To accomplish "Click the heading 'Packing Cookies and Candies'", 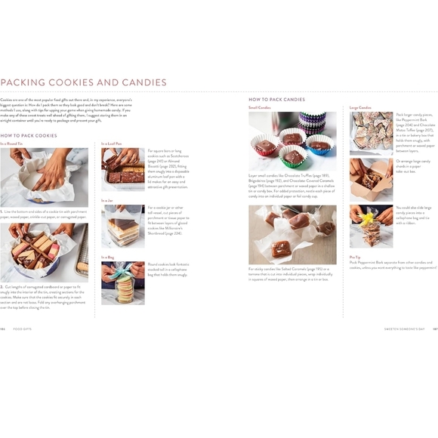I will click(x=84, y=82).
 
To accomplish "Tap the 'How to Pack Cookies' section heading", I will click(x=29, y=135).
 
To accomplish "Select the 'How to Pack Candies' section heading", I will click(x=276, y=99).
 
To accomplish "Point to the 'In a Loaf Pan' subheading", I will click(x=112, y=143).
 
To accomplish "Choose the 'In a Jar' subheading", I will click(x=107, y=200).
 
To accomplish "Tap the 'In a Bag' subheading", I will click(x=107, y=257).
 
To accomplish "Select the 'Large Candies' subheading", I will click(x=360, y=107).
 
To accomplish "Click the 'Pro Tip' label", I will click(x=355, y=257).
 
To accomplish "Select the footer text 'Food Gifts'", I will click(x=25, y=329).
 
